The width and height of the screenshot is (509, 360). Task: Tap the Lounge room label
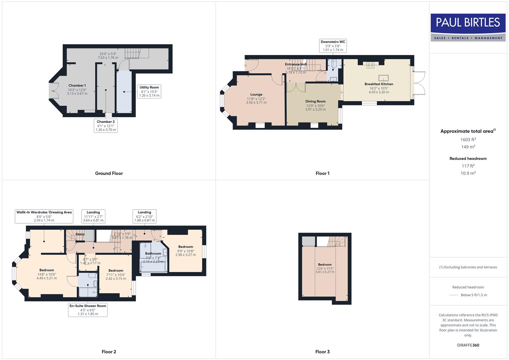tap(256, 95)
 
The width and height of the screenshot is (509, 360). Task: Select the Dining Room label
tap(315, 101)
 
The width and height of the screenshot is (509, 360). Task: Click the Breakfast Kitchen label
tap(379, 84)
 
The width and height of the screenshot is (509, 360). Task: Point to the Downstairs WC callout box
tap(333, 46)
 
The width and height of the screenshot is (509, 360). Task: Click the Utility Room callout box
tap(149, 91)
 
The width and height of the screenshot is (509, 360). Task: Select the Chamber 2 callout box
tap(106, 126)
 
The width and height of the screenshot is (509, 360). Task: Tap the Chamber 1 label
tap(77, 86)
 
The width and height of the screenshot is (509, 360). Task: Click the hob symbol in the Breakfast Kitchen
tap(370, 65)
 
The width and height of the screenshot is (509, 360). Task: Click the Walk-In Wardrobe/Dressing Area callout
tap(44, 216)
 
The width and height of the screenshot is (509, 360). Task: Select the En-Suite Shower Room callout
tap(88, 310)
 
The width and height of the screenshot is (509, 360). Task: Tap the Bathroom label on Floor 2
tap(153, 254)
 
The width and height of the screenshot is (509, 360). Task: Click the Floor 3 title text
tap(322, 352)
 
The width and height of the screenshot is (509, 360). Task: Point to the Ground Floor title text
tap(109, 173)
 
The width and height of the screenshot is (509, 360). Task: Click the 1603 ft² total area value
tap(468, 140)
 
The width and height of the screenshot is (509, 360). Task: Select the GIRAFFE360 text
tap(468, 345)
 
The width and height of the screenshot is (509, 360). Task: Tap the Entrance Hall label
tap(295, 64)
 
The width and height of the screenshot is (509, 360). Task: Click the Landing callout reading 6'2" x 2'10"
tap(144, 216)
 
